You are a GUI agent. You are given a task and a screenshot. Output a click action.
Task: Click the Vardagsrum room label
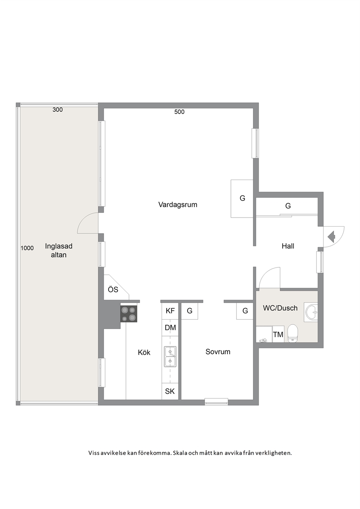pyautogui.click(x=178, y=205)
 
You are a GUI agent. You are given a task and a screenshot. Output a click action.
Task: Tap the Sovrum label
pyautogui.click(x=218, y=352)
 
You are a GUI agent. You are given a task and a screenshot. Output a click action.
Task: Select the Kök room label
pyautogui.click(x=144, y=352)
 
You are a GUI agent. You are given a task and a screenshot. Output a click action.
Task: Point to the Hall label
pyautogui.click(x=288, y=246)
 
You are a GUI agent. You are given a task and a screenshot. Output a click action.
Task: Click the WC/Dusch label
pyautogui.click(x=280, y=308)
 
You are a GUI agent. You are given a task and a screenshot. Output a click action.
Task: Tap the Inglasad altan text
pyautogui.click(x=59, y=250)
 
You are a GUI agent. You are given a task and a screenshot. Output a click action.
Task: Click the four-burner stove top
pyautogui.click(x=128, y=314)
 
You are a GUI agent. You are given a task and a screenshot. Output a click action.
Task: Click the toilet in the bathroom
pyautogui.click(x=293, y=333)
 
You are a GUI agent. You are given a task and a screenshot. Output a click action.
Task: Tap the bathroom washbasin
pyautogui.click(x=311, y=312)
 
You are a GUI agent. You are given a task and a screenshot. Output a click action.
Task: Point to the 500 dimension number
pyautogui.click(x=179, y=112)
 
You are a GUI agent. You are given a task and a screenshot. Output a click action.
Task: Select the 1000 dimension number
pyautogui.click(x=27, y=248)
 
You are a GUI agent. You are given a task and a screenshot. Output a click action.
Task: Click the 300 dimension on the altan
pyautogui.click(x=57, y=110)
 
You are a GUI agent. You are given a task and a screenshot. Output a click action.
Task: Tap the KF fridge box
pyautogui.click(x=170, y=311)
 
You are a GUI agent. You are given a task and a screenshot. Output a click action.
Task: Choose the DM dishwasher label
pyautogui.click(x=170, y=328)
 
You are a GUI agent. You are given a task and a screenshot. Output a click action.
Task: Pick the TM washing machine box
pyautogui.click(x=278, y=334)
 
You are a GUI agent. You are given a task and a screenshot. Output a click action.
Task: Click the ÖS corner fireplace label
pyautogui.click(x=113, y=290)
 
